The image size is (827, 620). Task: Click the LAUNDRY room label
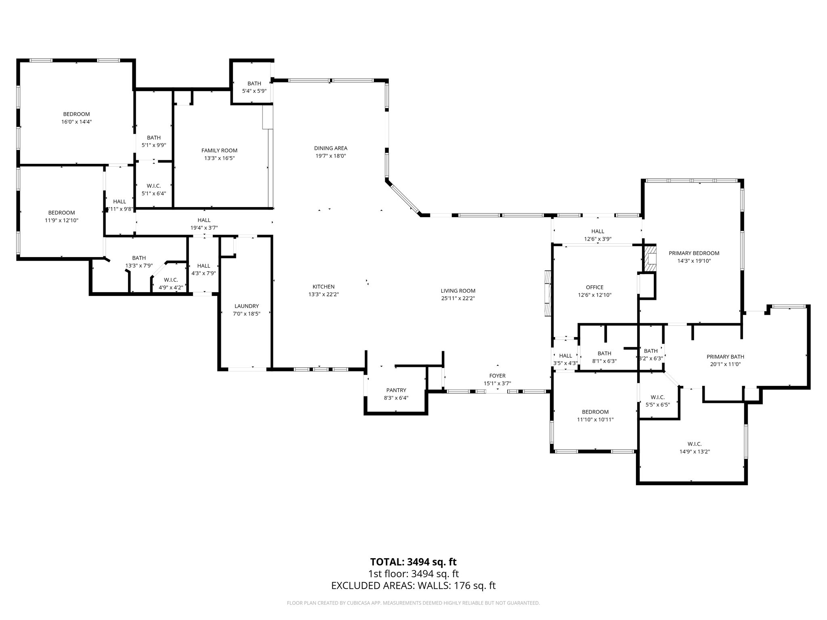pyautogui.click(x=246, y=306)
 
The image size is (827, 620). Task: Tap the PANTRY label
pyautogui.click(x=396, y=390)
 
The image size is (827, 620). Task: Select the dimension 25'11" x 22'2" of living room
pyautogui.click(x=458, y=298)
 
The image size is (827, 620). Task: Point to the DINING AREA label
pyautogui.click(x=331, y=148)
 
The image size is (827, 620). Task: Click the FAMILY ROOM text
pyautogui.click(x=219, y=151)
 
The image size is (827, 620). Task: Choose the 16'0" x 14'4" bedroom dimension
pyautogui.click(x=76, y=121)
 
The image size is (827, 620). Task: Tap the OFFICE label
pyautogui.click(x=594, y=287)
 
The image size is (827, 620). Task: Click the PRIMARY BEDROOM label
pyautogui.click(x=694, y=253)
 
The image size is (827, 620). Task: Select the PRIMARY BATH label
pyautogui.click(x=725, y=356)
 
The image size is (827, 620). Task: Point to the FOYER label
pyautogui.click(x=497, y=376)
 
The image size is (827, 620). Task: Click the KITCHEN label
pyautogui.click(x=323, y=287)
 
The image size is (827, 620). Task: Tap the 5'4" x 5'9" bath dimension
pyautogui.click(x=254, y=91)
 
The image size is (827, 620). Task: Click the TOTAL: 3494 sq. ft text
pyautogui.click(x=413, y=561)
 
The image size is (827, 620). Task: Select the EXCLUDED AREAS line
pyautogui.click(x=413, y=585)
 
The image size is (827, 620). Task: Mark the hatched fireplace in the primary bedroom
pyautogui.click(x=650, y=259)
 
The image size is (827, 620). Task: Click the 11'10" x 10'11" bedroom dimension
pyautogui.click(x=595, y=419)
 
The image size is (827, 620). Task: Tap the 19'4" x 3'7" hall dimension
pyautogui.click(x=204, y=228)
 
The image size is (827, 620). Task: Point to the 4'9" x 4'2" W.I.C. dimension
pyautogui.click(x=171, y=287)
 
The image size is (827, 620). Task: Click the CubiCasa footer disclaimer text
pyautogui.click(x=413, y=603)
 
